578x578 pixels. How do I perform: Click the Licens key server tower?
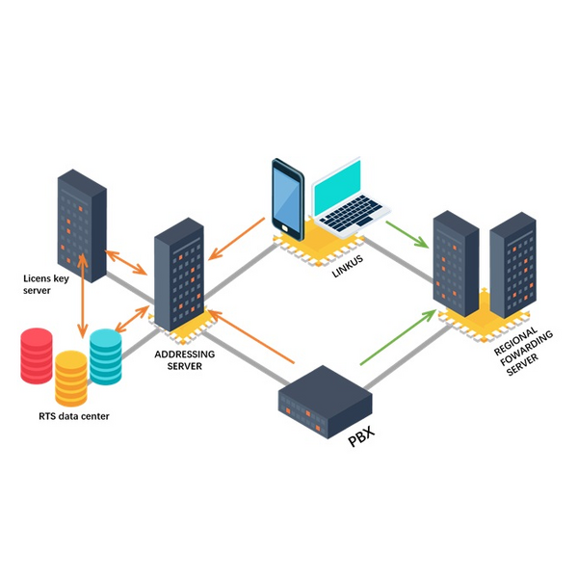80,223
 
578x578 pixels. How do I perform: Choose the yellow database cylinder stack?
71,378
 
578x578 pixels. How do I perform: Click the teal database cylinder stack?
105,355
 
